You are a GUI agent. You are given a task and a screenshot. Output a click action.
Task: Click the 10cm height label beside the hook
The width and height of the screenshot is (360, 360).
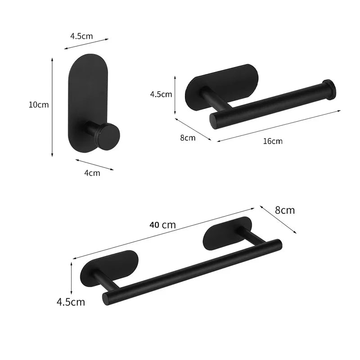coord(38,104)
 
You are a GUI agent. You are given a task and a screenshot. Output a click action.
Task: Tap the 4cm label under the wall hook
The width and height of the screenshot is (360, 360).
coord(93,172)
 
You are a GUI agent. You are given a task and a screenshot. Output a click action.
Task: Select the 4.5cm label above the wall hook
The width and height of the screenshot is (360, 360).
coord(81,36)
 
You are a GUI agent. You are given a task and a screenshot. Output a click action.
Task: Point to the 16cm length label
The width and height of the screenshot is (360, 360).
coord(273,141)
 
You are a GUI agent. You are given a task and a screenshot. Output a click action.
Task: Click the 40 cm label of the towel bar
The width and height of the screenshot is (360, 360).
coord(162,225)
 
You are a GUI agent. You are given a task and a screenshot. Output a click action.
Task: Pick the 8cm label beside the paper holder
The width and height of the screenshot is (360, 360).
coord(188,138)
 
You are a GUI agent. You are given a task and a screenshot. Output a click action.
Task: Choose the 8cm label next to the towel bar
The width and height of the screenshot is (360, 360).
coord(285,210)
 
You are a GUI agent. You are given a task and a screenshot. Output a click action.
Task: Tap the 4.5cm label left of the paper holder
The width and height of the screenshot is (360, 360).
coord(161,94)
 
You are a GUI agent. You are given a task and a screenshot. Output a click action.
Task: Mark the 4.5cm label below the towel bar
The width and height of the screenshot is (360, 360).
coord(71,301)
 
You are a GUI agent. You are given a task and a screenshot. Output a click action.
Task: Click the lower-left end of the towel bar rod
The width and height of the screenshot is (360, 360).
coord(107,297)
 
